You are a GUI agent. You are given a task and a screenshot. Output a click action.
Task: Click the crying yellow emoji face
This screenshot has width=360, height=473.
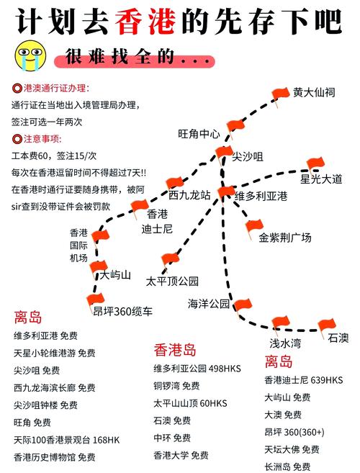click(x=30, y=56)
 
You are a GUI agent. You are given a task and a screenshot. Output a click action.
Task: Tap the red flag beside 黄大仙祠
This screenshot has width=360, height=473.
click(x=280, y=96)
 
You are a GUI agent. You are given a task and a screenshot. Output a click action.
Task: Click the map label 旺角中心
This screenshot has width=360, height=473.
click(x=199, y=134)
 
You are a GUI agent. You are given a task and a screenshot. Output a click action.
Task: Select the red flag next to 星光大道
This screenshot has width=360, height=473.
click(x=315, y=165)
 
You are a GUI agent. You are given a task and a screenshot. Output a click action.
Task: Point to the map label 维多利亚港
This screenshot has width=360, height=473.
click(x=261, y=196)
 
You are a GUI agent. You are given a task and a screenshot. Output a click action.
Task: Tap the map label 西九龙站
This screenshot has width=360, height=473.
click(x=189, y=195)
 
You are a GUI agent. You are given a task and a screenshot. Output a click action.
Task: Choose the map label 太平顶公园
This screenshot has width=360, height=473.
click(x=172, y=281)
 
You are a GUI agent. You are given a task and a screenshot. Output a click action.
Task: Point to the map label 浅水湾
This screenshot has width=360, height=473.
click(x=285, y=343)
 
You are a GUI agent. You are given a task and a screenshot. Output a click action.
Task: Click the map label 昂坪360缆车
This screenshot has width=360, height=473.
click(x=122, y=311)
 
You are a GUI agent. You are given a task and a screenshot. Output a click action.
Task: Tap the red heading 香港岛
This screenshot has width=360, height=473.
click(x=175, y=350)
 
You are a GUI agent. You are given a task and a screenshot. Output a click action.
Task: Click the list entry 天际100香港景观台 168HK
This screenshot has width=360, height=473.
click(x=67, y=440)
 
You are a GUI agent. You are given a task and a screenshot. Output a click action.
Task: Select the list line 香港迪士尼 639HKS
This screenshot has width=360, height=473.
click(x=304, y=380)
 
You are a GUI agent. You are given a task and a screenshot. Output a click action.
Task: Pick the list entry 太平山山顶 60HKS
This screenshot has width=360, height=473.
click(x=190, y=403)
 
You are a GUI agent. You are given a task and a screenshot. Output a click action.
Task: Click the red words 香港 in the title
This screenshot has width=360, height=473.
click(x=145, y=22)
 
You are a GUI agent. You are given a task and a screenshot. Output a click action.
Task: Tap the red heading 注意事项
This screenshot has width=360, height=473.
click(x=42, y=139)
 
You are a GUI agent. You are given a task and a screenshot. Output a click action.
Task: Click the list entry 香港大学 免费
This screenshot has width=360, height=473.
click(x=181, y=455)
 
